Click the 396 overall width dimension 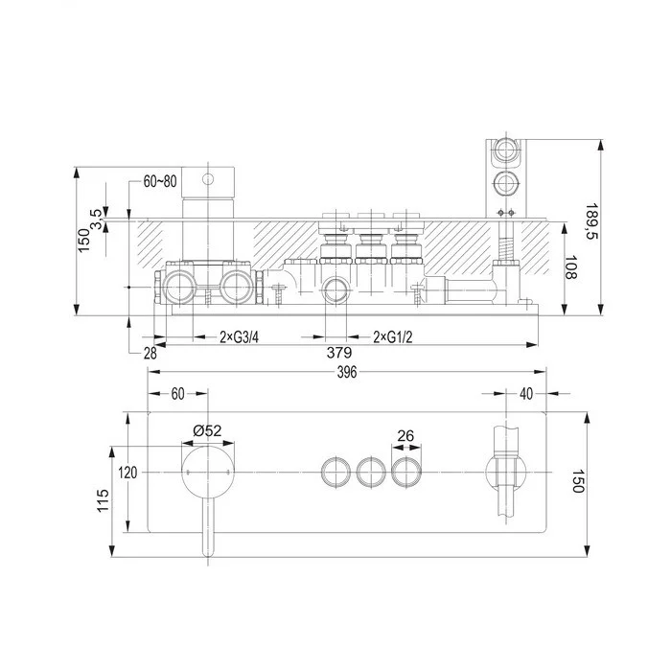(x=347, y=372)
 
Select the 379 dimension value (x=339, y=353)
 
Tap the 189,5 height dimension (x=591, y=220)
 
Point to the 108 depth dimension (x=570, y=267)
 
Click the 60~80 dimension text (x=160, y=181)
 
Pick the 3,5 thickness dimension (x=96, y=220)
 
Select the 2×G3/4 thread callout (x=239, y=337)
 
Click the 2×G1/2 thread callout (x=393, y=337)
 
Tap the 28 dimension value (x=150, y=354)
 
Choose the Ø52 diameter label (x=207, y=430)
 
